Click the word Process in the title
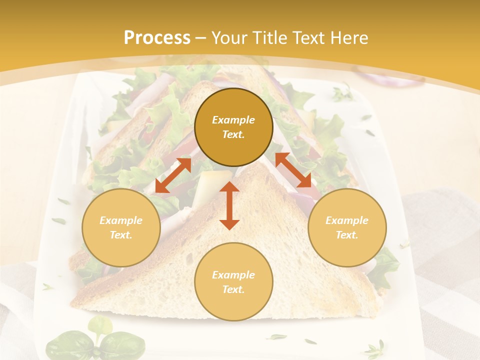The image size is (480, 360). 157,38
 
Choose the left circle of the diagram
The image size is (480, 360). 121,227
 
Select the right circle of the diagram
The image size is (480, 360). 347,227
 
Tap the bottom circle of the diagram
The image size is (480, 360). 233,281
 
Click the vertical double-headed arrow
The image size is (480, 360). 229,205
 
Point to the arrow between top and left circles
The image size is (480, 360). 173,175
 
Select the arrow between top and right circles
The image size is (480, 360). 293,170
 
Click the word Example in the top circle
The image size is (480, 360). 233,120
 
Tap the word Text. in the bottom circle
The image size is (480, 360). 233,289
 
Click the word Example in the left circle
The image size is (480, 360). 121,220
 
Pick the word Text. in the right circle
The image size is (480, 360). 347,235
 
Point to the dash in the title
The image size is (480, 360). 201,38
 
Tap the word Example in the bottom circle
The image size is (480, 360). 233,275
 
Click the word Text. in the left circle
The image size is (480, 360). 121,235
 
